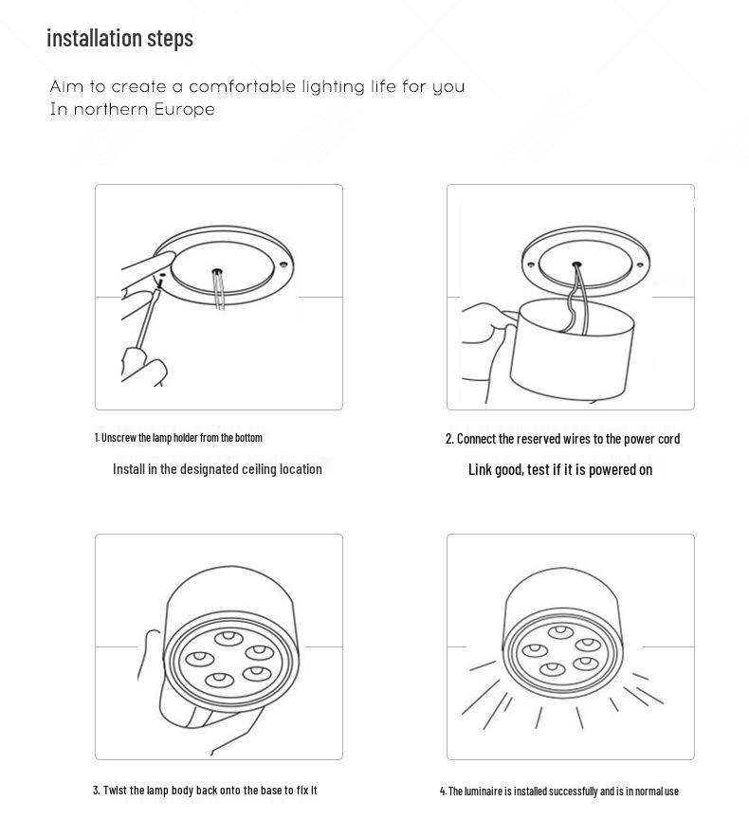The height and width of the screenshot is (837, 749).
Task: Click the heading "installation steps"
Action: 119,38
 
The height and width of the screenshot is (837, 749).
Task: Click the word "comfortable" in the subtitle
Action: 242,86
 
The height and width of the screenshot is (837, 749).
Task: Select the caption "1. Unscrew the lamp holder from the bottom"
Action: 178,437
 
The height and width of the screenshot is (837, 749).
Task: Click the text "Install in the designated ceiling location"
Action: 217,468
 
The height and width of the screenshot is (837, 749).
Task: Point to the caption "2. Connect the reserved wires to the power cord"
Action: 562,438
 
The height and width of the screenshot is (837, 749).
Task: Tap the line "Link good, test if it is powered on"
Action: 560,469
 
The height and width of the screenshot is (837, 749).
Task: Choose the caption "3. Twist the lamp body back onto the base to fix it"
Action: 205,790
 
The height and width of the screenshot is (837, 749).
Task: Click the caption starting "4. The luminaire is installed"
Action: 558,791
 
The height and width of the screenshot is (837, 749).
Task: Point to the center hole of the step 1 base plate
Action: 217,271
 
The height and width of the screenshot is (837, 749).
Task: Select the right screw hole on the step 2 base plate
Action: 640,265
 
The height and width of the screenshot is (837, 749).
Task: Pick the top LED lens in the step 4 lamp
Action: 561,631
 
